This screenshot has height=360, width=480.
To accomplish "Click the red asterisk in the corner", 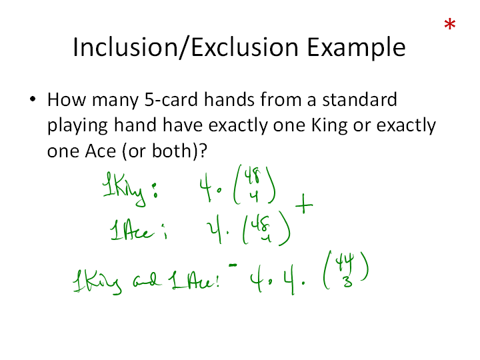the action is pos(450,24).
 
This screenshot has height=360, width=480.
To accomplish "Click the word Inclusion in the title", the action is pos(125,47).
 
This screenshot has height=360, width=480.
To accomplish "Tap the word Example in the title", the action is pos(356,47).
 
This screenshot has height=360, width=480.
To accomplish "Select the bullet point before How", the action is pos(33,99).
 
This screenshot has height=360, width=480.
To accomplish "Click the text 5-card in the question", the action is pos(171,100).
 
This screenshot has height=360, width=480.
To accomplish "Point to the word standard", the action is pos(360,99).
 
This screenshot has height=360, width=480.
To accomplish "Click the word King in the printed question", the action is pos(329,126).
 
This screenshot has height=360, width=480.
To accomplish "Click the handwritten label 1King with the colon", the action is pos(130,188).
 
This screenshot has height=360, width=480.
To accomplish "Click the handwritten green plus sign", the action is pos(304,203).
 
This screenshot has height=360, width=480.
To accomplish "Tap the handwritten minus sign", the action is pos(233,265).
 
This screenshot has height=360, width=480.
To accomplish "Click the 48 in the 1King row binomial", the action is pos(252,176).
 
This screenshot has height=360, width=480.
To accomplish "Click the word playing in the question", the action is pos(77,126).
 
